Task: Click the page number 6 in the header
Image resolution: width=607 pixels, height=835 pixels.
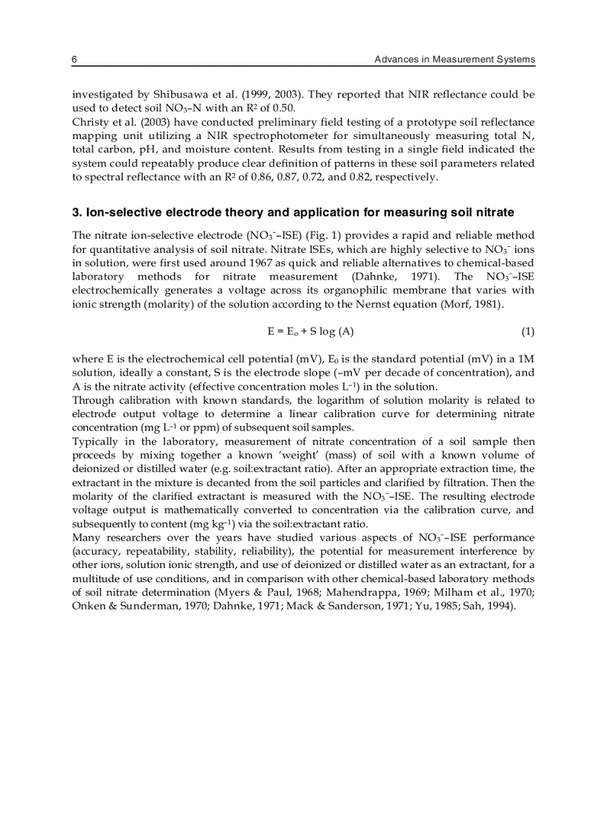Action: coord(74,59)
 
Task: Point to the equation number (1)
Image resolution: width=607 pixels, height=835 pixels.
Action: coord(527,330)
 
